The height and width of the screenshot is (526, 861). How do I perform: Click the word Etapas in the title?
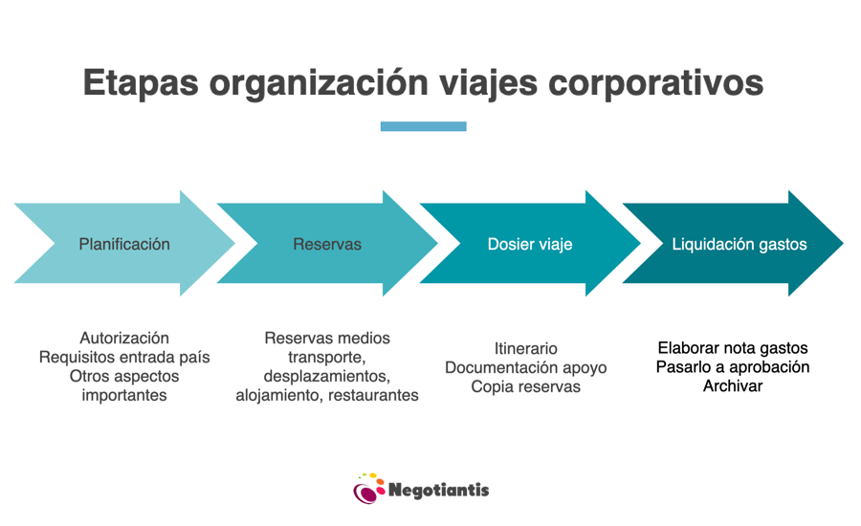(x=141, y=84)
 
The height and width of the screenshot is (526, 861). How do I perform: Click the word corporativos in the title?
(x=655, y=84)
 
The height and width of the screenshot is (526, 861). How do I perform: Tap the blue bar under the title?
(x=424, y=126)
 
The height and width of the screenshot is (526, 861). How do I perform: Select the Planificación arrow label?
(x=124, y=244)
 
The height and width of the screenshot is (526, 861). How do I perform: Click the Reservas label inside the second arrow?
(x=327, y=244)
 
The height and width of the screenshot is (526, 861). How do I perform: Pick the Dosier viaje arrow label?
(x=530, y=244)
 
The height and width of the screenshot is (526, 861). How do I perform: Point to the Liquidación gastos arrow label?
(x=740, y=244)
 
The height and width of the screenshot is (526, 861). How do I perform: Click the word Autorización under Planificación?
(x=124, y=338)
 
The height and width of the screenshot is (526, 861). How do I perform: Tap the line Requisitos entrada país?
(x=124, y=357)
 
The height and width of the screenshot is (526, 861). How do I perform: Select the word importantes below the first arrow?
(x=124, y=395)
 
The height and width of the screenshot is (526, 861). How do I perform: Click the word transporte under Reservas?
(x=327, y=358)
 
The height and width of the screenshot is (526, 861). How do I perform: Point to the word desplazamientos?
(x=327, y=376)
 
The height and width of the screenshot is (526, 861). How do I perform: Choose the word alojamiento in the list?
(x=279, y=395)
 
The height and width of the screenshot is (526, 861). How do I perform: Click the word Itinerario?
(x=525, y=348)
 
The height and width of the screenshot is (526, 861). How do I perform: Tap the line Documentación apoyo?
(x=525, y=367)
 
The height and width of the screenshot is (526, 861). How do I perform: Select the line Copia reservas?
(x=525, y=386)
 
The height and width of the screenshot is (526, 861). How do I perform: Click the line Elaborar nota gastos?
(x=733, y=347)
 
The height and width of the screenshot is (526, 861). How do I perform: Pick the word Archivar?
(x=733, y=386)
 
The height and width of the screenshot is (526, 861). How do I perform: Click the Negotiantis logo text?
(x=438, y=490)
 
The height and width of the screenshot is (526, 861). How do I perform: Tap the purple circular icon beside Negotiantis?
(x=365, y=493)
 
